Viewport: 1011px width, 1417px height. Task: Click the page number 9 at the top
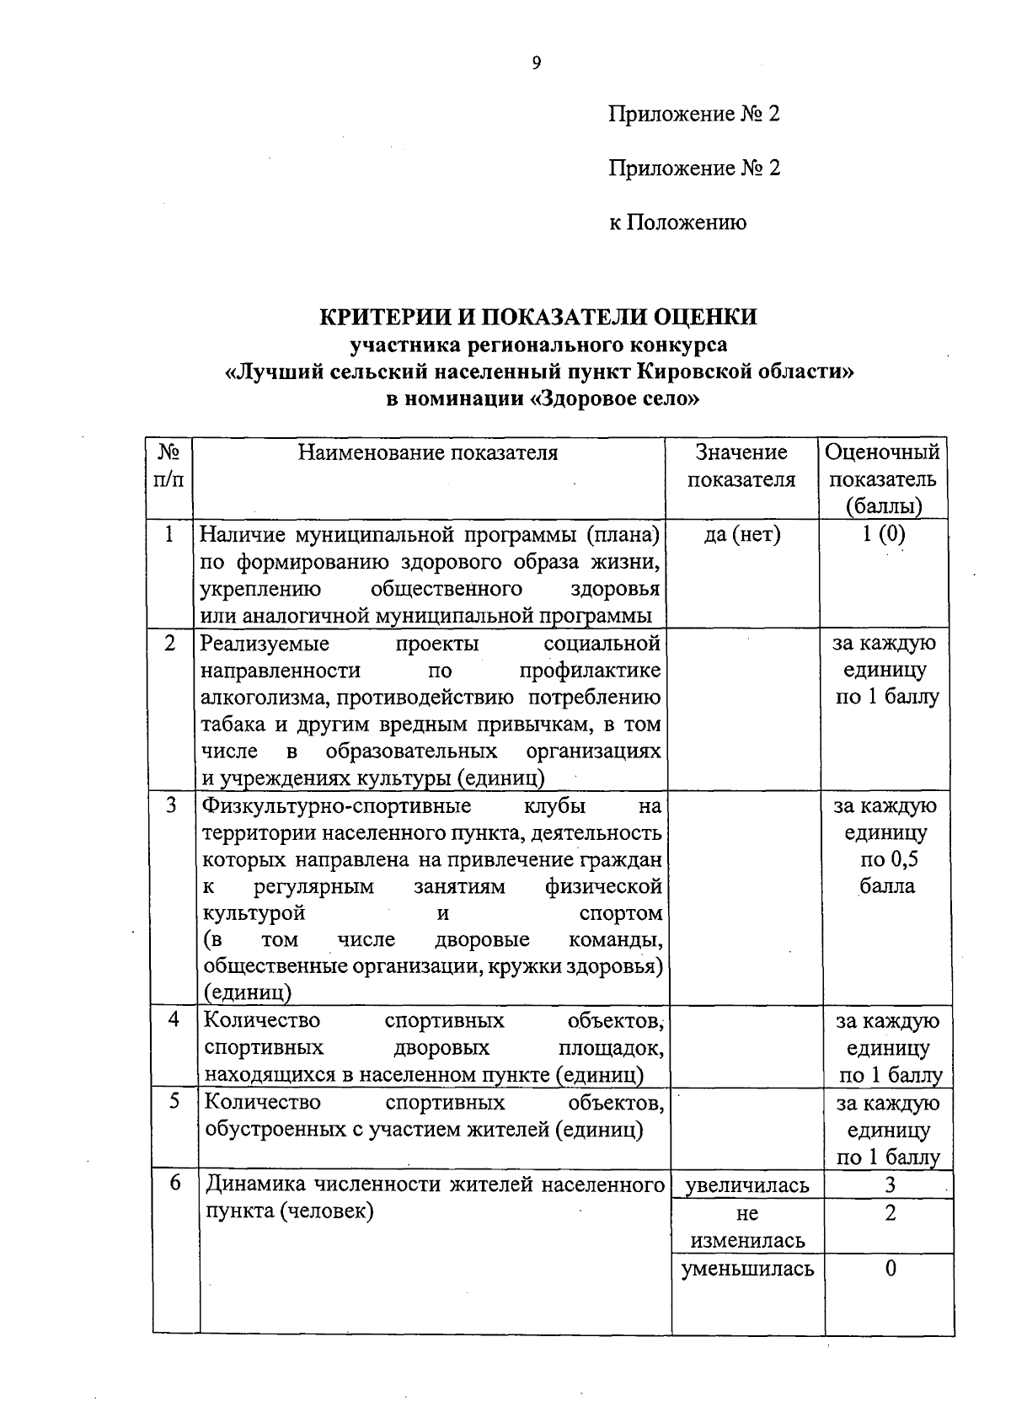[x=536, y=64]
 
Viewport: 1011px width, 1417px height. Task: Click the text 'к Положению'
[x=677, y=222]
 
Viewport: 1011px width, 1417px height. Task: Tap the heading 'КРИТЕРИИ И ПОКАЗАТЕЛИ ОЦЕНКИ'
[x=538, y=317]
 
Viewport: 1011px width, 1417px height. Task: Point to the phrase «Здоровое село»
[x=616, y=398]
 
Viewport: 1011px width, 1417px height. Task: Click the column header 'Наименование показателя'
[x=428, y=453]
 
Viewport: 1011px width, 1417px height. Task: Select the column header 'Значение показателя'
[x=741, y=466]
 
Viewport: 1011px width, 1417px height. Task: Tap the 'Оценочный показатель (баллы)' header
[x=882, y=479]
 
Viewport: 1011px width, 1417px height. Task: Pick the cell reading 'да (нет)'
[x=741, y=534]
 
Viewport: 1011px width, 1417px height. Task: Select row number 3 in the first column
[x=171, y=805]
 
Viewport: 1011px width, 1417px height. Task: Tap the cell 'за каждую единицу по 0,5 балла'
[x=885, y=846]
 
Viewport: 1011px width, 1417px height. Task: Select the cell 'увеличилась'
[x=747, y=1186]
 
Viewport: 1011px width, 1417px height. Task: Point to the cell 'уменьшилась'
[x=747, y=1269]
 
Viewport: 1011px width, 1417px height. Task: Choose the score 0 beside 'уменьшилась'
[x=890, y=1269]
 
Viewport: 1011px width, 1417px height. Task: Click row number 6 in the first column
[x=175, y=1183]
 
